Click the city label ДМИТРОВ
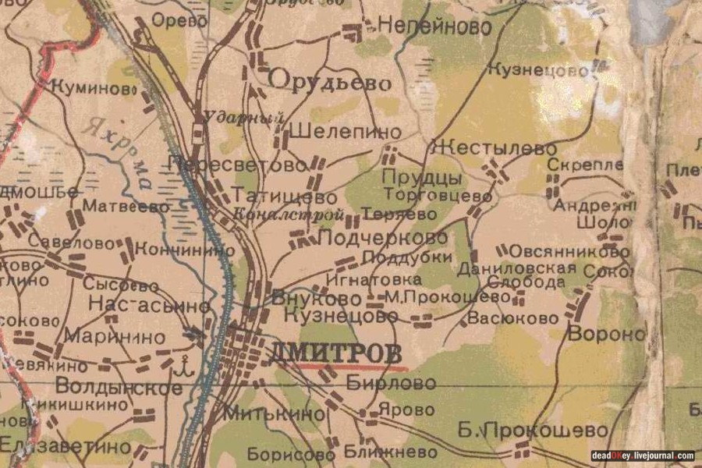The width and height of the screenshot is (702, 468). (337, 352)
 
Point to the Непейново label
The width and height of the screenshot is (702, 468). (434, 27)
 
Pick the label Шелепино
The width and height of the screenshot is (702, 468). (345, 131)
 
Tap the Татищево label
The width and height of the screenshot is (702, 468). (286, 197)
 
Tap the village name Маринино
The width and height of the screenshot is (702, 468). (115, 337)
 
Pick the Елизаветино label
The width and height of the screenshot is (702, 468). (66, 446)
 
